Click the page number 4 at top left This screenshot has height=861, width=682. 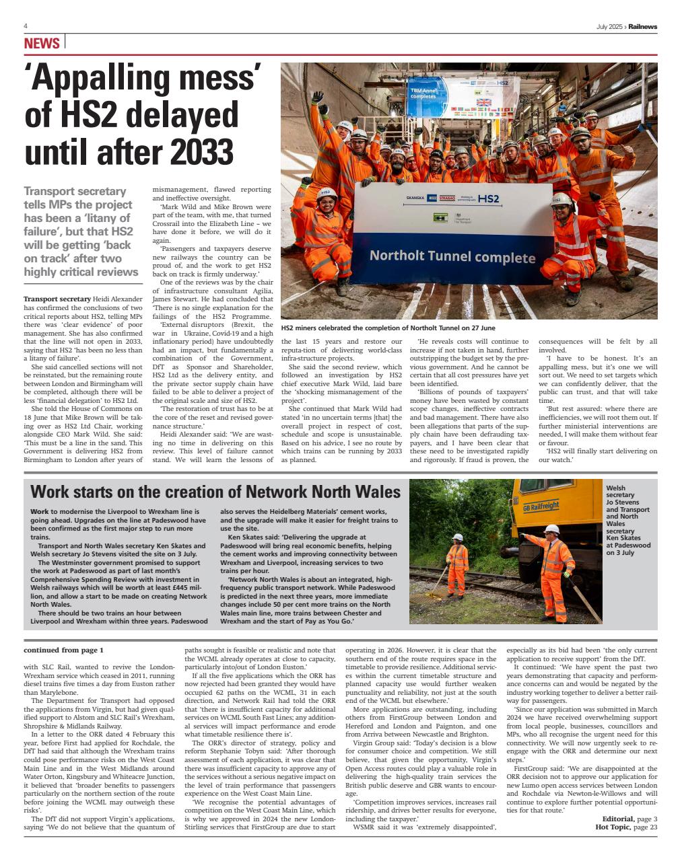(25, 26)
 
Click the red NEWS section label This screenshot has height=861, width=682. (42, 44)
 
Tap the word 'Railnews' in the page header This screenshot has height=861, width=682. (644, 26)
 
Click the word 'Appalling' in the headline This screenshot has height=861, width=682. (104, 81)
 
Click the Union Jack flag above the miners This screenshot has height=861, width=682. (484, 103)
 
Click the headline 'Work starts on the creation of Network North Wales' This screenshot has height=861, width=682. (215, 491)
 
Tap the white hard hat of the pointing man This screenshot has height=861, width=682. (552, 529)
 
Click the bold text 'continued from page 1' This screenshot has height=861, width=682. (64, 650)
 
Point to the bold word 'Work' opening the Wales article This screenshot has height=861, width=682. (40, 512)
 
